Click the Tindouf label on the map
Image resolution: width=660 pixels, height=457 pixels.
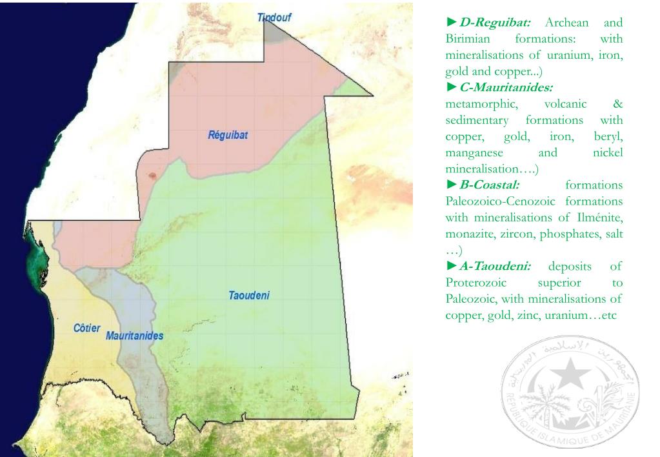pyautogui.click(x=274, y=17)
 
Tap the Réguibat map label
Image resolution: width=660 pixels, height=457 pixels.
pyautogui.click(x=228, y=136)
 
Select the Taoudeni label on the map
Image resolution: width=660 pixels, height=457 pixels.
pyautogui.click(x=248, y=296)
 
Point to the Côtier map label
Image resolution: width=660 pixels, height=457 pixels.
pyautogui.click(x=86, y=328)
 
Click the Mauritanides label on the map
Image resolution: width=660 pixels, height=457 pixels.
pyautogui.click(x=134, y=336)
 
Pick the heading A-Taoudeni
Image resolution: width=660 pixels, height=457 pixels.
pyautogui.click(x=495, y=266)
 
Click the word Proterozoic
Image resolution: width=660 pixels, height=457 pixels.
pyautogui.click(x=476, y=283)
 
